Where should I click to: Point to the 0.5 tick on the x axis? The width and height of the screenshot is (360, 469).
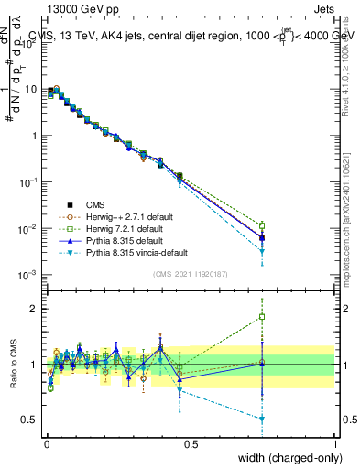(191, 444)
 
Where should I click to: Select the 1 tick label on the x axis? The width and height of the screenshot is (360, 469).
(334, 444)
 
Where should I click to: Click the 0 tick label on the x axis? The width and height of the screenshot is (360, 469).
(47, 444)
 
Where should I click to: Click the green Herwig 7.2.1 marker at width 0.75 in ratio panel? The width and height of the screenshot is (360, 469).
(262, 317)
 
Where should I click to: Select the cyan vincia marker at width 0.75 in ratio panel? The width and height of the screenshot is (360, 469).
(262, 419)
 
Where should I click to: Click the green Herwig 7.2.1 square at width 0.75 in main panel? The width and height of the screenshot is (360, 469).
(262, 225)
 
